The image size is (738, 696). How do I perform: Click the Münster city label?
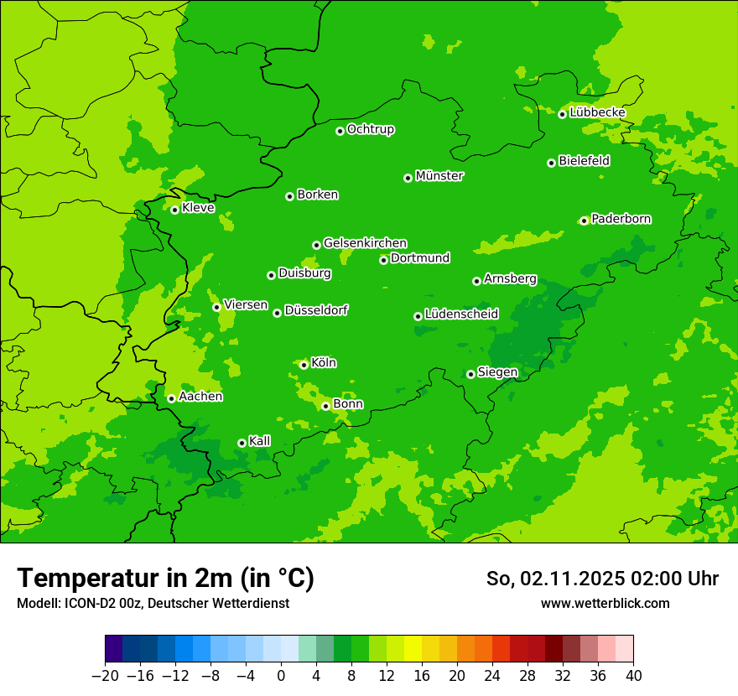tap(439, 176)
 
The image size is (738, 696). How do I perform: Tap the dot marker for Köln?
tap(304, 365)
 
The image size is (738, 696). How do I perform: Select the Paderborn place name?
tap(621, 219)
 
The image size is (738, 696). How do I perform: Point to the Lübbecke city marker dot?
tap(562, 114)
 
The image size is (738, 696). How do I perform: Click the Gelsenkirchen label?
tap(365, 243)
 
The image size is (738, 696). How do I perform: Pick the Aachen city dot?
tap(171, 398)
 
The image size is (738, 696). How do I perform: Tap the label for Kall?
tap(260, 441)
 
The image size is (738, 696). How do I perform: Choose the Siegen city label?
tap(497, 372)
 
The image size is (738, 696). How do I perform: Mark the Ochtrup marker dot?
tap(340, 131)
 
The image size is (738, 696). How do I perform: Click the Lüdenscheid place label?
tap(461, 314)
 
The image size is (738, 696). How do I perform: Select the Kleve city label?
tap(198, 208)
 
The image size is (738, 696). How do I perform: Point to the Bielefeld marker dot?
tap(551, 163)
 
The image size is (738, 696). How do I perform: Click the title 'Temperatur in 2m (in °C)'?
tap(165, 578)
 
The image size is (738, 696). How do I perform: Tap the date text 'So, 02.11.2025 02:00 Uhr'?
tap(602, 579)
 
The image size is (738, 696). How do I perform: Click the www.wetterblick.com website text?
tap(605, 603)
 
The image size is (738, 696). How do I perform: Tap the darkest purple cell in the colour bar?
tap(113, 649)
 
